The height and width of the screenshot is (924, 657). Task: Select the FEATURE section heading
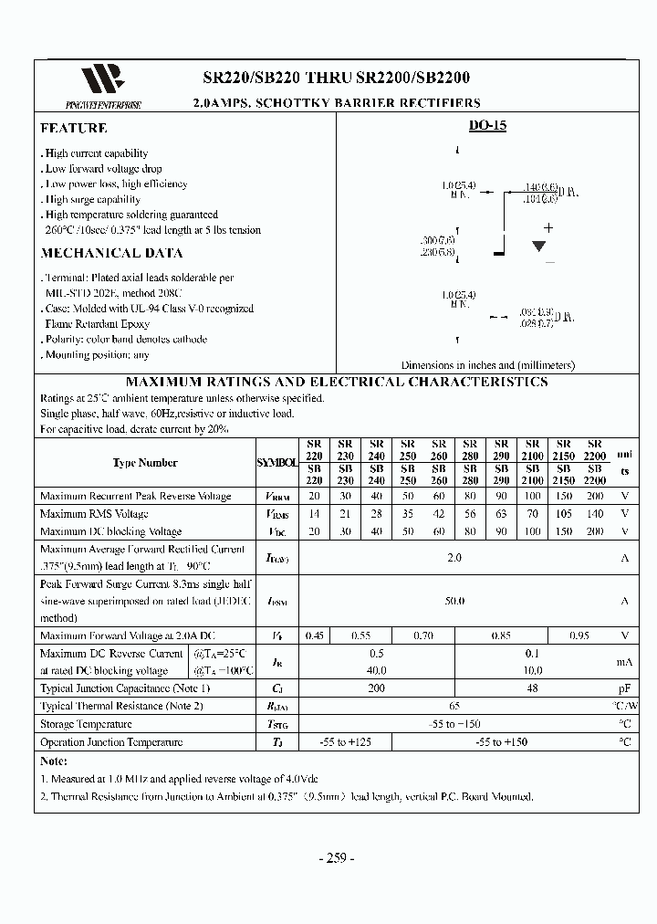pyautogui.click(x=74, y=129)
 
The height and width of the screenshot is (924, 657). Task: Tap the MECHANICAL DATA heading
pyautogui.click(x=111, y=253)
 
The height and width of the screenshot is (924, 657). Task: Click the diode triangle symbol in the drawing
pyautogui.click(x=539, y=246)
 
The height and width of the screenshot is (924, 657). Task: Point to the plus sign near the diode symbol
pyautogui.click(x=548, y=227)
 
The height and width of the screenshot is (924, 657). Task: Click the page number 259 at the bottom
pyautogui.click(x=336, y=858)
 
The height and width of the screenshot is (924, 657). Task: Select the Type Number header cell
pyautogui.click(x=145, y=462)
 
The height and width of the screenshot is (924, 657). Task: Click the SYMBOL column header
pyautogui.click(x=277, y=463)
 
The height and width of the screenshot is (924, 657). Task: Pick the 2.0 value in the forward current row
pyautogui.click(x=454, y=557)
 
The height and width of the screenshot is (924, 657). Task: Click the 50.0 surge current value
pyautogui.click(x=454, y=601)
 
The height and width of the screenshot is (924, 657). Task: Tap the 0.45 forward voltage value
pyautogui.click(x=314, y=635)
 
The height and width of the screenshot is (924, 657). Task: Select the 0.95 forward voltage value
pyautogui.click(x=579, y=635)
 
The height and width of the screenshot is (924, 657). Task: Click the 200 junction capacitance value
pyautogui.click(x=376, y=688)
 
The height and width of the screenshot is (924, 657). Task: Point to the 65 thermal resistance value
pyautogui.click(x=454, y=706)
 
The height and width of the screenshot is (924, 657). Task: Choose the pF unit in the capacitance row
pyautogui.click(x=625, y=688)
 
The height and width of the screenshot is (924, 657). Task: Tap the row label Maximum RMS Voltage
pyautogui.click(x=94, y=514)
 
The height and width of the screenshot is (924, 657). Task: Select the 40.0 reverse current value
pyautogui.click(x=377, y=670)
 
